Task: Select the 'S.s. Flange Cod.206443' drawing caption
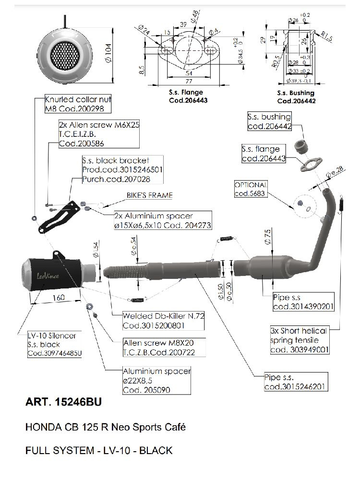[186, 96]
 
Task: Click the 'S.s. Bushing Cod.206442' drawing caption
[296, 96]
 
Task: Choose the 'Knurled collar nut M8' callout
[78, 104]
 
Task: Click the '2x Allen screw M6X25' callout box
[97, 133]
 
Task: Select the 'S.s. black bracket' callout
[122, 169]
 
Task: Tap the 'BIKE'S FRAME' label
[149, 195]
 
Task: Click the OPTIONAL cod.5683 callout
[251, 189]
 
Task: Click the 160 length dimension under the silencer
[58, 298]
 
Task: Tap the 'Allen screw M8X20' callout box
[158, 348]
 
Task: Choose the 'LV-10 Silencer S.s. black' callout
[53, 345]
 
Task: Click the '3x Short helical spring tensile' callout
[299, 340]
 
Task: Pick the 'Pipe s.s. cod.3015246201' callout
[295, 382]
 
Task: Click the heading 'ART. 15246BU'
[63, 402]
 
